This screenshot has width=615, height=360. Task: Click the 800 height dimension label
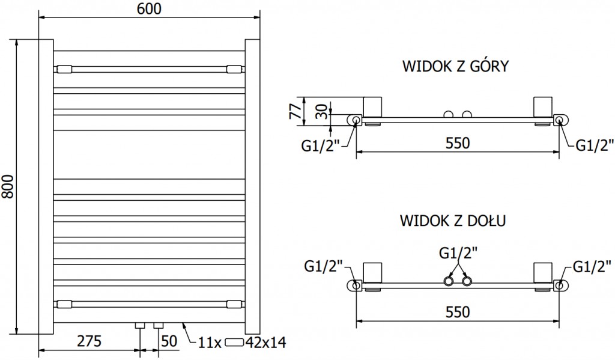point(8,186)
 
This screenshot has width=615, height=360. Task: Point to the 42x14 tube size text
point(266,343)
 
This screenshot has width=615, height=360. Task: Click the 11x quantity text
point(210,343)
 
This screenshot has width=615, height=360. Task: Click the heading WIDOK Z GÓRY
point(455,66)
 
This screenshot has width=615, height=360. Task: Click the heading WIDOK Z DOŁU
point(452,221)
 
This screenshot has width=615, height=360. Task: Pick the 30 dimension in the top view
point(323,112)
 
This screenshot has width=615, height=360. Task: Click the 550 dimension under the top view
point(457,144)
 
